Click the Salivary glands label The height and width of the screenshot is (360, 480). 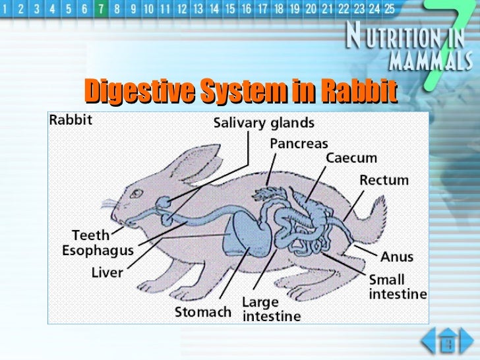264,123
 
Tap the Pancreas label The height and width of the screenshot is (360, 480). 299,142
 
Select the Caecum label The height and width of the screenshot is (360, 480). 352,159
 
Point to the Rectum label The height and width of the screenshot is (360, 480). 384,179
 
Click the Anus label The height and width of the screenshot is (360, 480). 397,256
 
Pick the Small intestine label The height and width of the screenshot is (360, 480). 397,287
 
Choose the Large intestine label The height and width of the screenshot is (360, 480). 270,309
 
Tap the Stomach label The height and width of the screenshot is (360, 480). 203,311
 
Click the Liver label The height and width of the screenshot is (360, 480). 107,272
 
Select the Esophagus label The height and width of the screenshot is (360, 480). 98,251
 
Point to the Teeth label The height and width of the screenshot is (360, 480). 91,235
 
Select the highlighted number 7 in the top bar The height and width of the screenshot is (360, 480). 100,10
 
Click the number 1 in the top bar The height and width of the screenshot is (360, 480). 7,10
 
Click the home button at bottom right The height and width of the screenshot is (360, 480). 448,342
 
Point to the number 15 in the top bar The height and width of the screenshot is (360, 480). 230,10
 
